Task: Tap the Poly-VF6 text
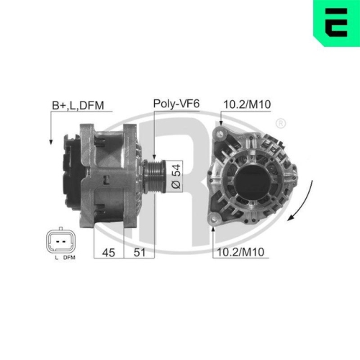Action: tap(176, 104)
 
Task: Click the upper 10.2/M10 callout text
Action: tap(248, 105)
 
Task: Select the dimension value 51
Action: tap(140, 252)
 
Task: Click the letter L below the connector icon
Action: tap(55, 257)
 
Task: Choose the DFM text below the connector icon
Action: tap(68, 257)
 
